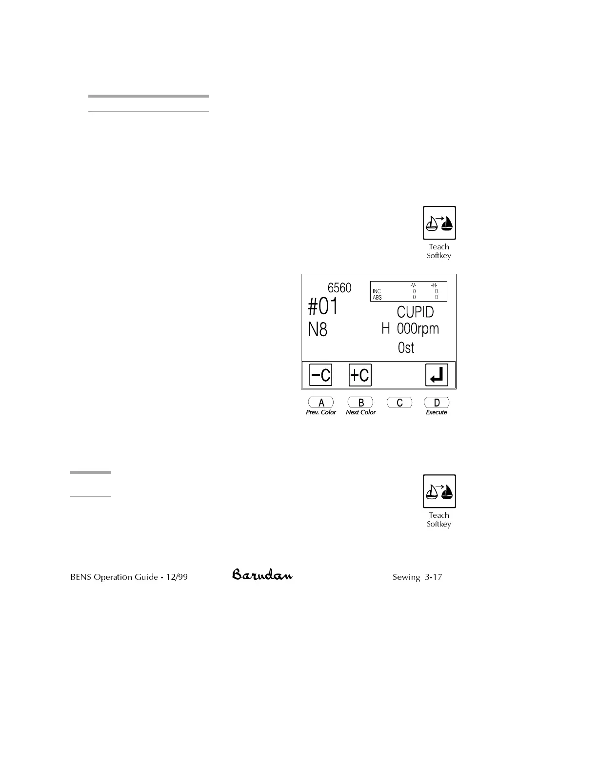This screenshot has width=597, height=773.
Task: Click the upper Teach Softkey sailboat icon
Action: coord(439,223)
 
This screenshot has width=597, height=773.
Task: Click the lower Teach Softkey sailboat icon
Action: coord(439,491)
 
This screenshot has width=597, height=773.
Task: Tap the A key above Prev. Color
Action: coord(321,403)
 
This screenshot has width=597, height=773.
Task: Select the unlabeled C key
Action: coord(399,403)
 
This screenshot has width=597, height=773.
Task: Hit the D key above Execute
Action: coord(437,403)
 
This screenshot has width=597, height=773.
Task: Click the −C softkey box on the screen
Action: coord(320,375)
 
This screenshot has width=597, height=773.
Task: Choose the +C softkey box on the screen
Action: coord(360,375)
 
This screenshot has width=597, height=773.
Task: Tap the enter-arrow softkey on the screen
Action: coord(437,375)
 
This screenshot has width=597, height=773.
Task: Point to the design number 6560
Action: coord(339,288)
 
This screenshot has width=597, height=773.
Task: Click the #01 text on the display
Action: coord(323,307)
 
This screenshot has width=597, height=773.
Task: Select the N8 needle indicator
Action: coord(318,330)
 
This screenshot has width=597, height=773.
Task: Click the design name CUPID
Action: coord(415,312)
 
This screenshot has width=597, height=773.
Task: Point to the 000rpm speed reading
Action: coord(418,328)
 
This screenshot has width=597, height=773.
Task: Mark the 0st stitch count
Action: coord(406,347)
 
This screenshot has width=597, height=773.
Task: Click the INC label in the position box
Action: coord(377,291)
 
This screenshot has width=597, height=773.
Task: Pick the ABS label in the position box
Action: coord(377,298)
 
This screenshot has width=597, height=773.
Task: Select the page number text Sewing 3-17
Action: coord(417,577)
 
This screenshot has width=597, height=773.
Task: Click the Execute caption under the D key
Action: coord(436,412)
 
